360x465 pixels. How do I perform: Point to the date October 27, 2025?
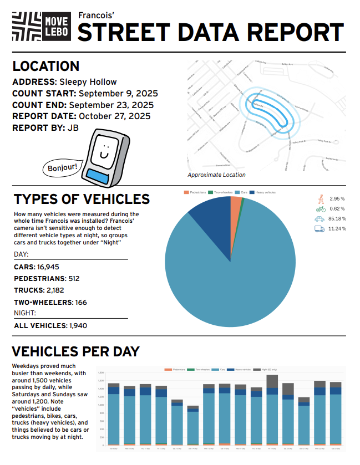(x=114, y=116)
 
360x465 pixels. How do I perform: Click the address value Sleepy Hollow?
(x=88, y=82)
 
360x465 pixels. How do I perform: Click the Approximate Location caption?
(x=216, y=175)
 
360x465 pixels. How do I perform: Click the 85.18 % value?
(x=337, y=218)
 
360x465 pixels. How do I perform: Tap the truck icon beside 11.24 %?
(x=320, y=228)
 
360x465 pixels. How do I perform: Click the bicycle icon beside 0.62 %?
(x=320, y=208)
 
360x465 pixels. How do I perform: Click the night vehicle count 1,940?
(x=78, y=325)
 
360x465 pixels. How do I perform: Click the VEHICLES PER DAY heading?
(x=75, y=351)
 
